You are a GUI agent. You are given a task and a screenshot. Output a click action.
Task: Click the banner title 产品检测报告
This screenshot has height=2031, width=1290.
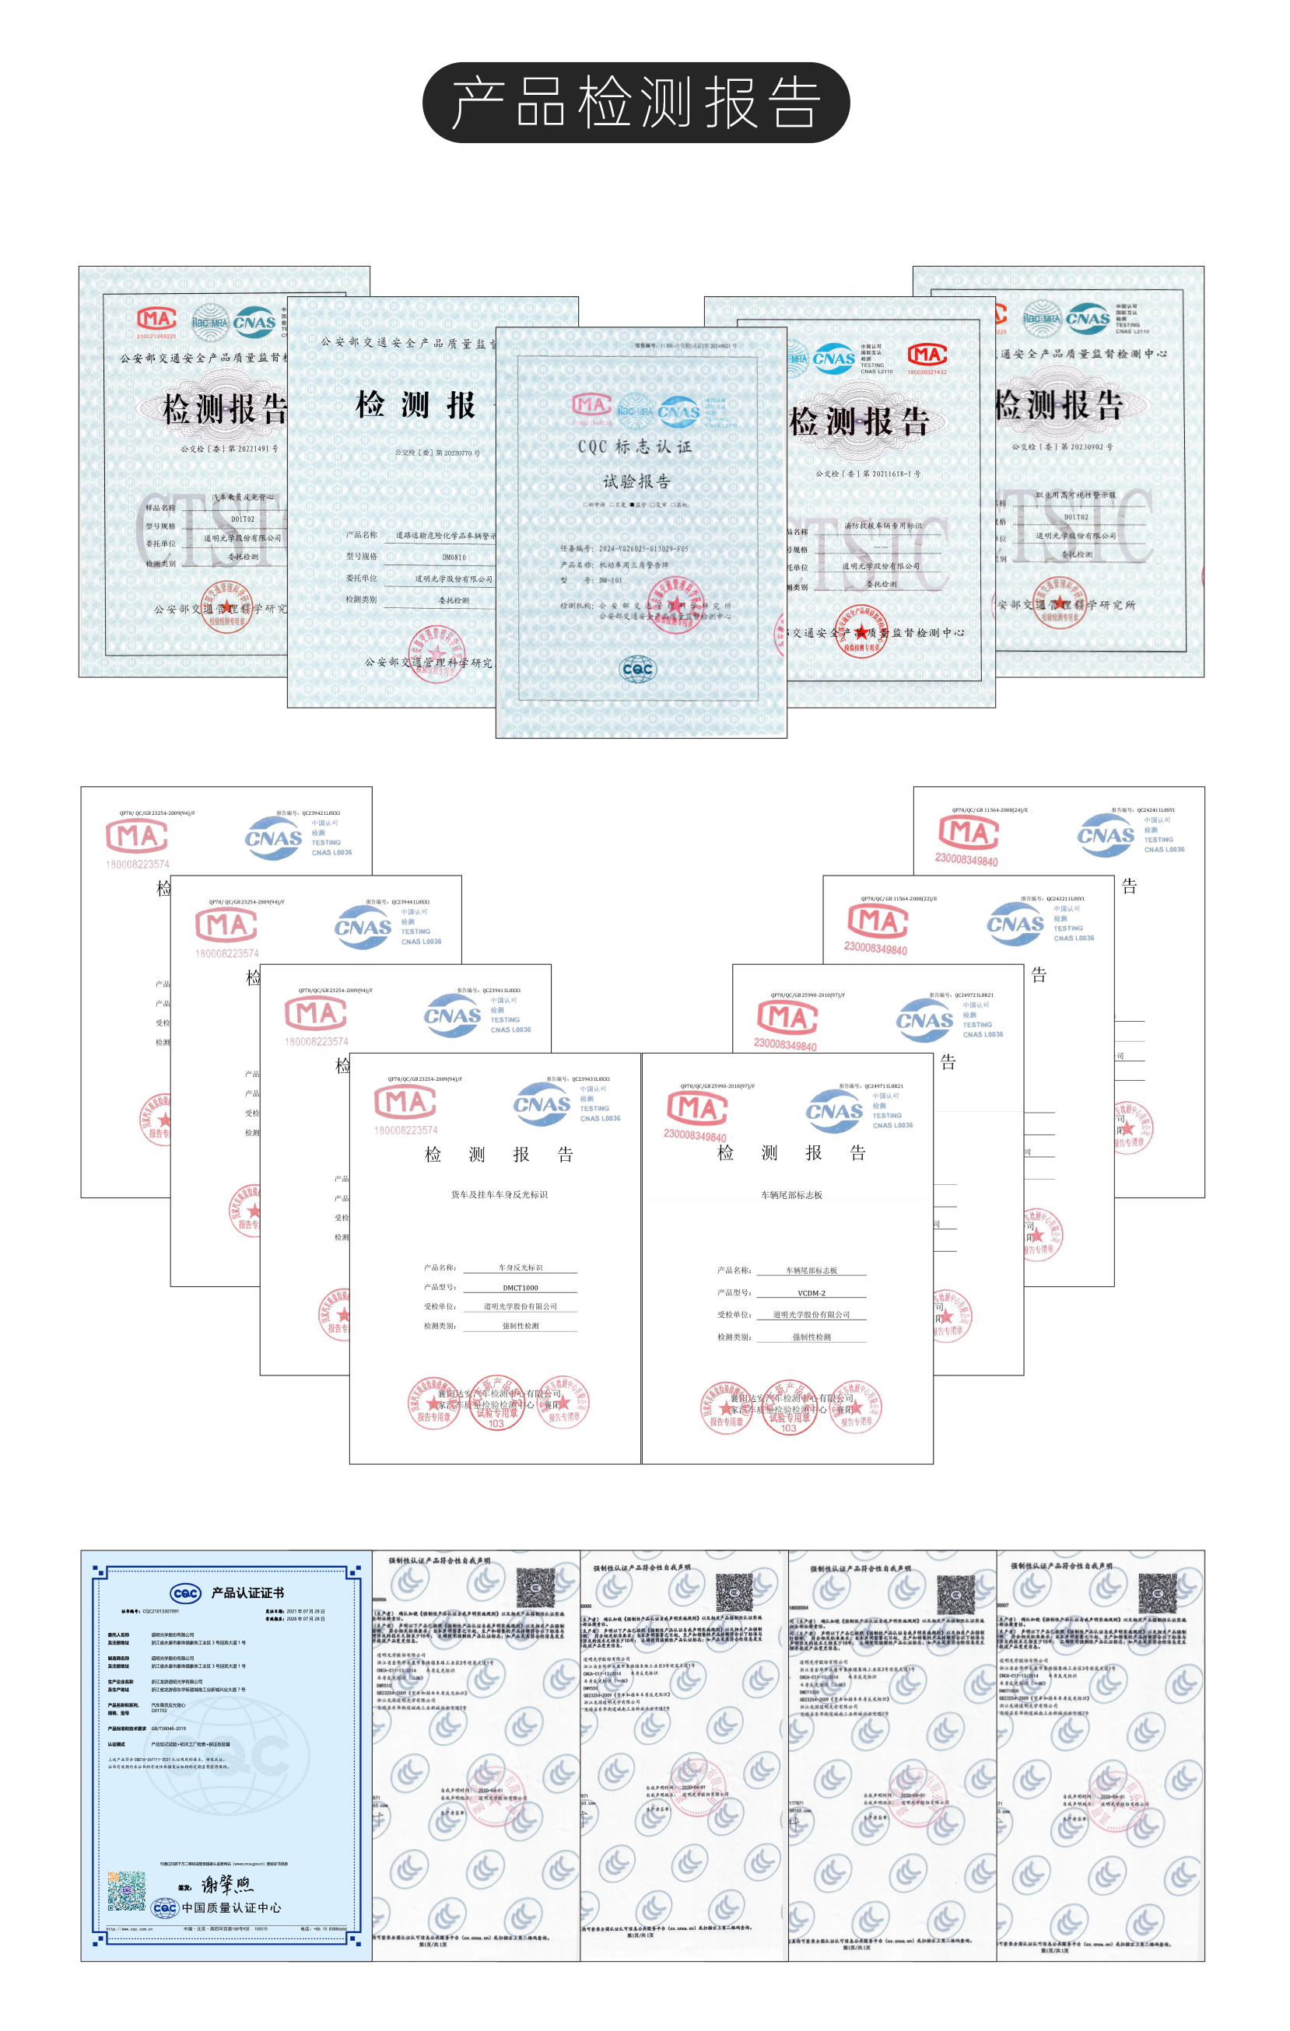[636, 103]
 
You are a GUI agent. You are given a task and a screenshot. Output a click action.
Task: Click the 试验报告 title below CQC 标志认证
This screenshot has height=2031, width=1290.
[636, 481]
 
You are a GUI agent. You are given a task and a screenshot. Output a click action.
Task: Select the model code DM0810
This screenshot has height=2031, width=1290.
[454, 558]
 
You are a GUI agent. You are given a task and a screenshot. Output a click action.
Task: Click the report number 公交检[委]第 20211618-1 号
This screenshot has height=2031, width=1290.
[868, 474]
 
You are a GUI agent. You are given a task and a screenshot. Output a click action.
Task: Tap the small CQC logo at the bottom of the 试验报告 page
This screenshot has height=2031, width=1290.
[637, 669]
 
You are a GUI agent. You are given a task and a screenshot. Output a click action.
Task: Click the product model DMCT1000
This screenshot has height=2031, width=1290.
[521, 1288]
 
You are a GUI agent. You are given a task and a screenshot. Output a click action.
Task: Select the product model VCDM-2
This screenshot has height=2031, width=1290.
[811, 1293]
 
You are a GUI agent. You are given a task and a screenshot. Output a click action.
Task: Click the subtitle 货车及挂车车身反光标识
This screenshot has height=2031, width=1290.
[500, 1194]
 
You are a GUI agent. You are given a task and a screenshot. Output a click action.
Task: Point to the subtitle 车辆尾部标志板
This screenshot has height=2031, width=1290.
[791, 1195]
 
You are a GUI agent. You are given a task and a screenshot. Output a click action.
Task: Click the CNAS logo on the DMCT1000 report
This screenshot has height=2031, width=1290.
[542, 1104]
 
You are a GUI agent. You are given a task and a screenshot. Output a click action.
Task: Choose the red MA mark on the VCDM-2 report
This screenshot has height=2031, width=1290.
[697, 1107]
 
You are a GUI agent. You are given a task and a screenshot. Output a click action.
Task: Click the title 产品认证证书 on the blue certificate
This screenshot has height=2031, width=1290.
[247, 1592]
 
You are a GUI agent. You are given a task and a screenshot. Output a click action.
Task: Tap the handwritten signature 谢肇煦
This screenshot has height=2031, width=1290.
[227, 1884]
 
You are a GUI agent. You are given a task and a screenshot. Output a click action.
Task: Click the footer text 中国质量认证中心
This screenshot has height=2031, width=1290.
[232, 1908]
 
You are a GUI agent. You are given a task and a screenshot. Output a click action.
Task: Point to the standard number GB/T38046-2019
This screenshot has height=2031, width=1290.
[169, 1729]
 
